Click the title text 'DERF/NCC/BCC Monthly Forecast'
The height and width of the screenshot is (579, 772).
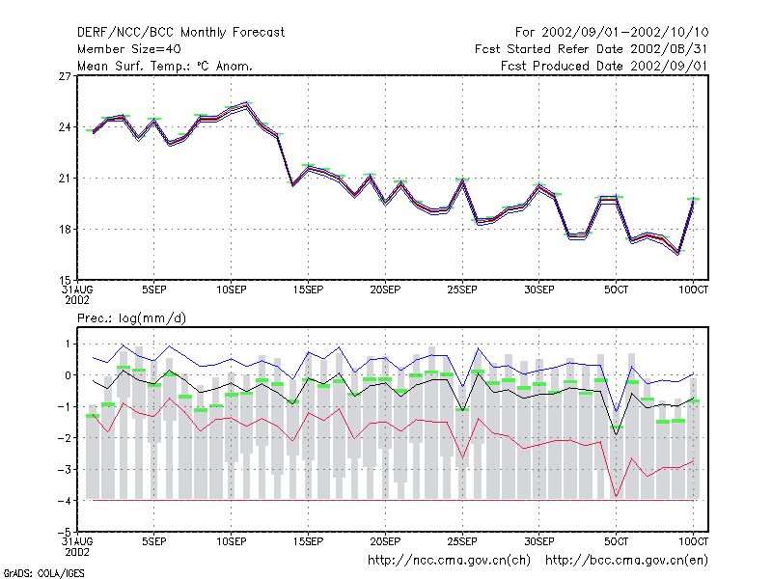(x=180, y=33)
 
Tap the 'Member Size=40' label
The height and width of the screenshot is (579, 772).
(x=129, y=49)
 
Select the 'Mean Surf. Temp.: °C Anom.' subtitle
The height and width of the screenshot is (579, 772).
(x=165, y=66)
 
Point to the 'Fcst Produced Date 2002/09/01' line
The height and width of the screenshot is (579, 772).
(x=604, y=66)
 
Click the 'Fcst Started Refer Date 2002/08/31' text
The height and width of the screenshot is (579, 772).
(x=592, y=49)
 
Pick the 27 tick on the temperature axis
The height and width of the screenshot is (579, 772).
(x=65, y=76)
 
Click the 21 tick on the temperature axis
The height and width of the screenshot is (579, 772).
(x=65, y=179)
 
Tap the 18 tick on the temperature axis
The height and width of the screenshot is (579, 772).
(x=65, y=230)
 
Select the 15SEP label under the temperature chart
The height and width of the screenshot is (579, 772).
(x=308, y=290)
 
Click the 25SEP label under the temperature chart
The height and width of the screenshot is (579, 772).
(x=462, y=290)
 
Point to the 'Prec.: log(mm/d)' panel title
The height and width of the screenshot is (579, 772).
(x=131, y=318)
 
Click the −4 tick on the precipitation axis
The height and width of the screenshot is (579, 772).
(x=64, y=501)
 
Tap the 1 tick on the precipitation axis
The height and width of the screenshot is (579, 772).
(x=68, y=345)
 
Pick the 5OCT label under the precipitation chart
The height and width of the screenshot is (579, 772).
(x=616, y=541)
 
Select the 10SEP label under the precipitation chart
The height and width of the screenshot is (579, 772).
(x=232, y=541)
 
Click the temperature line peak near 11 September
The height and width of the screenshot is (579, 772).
(x=247, y=104)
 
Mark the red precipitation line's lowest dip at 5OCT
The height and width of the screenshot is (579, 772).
(x=616, y=496)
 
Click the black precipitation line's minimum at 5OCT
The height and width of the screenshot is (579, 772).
(x=616, y=434)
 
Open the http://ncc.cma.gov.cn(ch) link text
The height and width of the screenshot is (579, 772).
(x=449, y=561)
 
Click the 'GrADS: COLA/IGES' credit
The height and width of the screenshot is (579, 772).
(x=43, y=573)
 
